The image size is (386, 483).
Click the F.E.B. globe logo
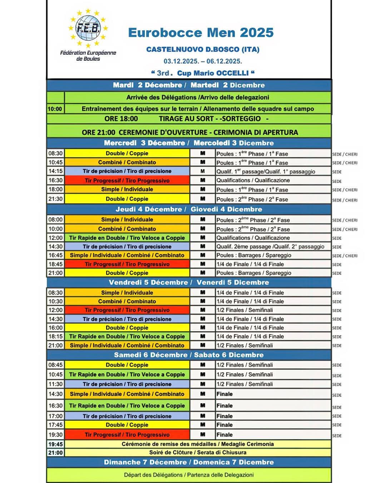tap(88, 28)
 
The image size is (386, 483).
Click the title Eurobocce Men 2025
tap(201, 33)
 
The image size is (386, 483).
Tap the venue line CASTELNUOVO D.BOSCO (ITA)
tap(203, 49)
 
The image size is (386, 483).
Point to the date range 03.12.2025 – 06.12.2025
tap(203, 61)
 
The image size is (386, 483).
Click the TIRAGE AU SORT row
tap(189, 119)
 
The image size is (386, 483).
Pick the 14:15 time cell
tap(55, 171)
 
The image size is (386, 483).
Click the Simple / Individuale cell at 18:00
tap(127, 189)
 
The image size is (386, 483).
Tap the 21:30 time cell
tap(55, 199)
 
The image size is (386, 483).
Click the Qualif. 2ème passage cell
tap(271, 247)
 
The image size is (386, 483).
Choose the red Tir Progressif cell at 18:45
tap(127, 264)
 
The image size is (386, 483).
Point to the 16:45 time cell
tap(55, 255)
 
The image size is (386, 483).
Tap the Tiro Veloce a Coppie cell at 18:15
tap(127, 336)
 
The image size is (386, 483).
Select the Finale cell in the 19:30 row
tap(224, 435)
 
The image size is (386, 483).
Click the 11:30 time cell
tap(55, 384)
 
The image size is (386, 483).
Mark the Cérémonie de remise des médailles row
tap(198, 444)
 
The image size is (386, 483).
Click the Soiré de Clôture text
tap(198, 453)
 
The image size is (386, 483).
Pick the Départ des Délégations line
tap(189, 475)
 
